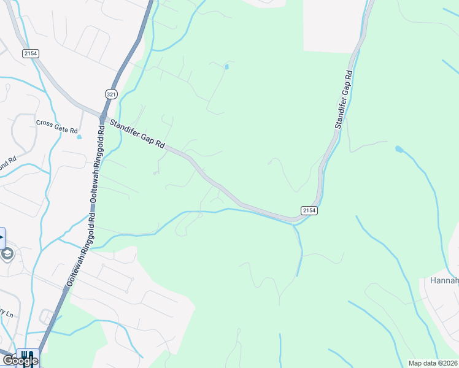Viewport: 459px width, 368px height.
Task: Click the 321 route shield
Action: point(111,94)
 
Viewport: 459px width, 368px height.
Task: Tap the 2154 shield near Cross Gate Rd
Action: point(31,54)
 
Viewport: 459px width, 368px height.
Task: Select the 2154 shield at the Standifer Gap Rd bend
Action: point(309,210)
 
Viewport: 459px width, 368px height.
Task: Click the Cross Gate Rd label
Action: point(57,126)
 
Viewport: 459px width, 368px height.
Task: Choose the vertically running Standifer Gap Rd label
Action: point(344,100)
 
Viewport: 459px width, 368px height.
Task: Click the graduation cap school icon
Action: point(7,254)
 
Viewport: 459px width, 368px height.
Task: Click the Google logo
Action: point(20,361)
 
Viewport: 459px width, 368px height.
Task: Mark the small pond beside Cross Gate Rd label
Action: point(79,136)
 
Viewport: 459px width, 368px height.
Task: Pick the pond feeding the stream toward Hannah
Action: point(399,149)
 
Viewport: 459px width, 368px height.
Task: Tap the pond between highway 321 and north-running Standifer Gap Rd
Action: point(227,66)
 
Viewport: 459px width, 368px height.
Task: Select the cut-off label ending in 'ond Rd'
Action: point(6,164)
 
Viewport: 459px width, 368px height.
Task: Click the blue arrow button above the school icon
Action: point(2,237)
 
